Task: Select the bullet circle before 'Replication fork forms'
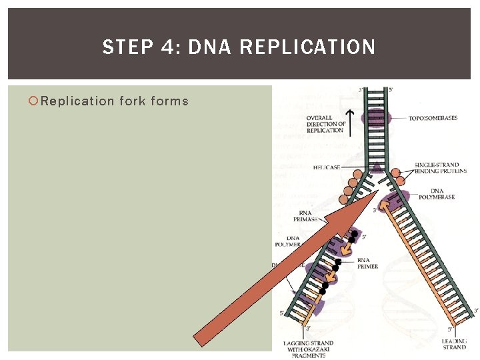pyautogui.click(x=33, y=101)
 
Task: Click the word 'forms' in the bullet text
pyautogui.click(x=170, y=101)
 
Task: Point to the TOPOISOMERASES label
pyautogui.click(x=433, y=118)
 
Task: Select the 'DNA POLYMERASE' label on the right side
pyautogui.click(x=437, y=194)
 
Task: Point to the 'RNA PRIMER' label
pyautogui.click(x=367, y=263)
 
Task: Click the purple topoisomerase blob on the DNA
pyautogui.click(x=375, y=119)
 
